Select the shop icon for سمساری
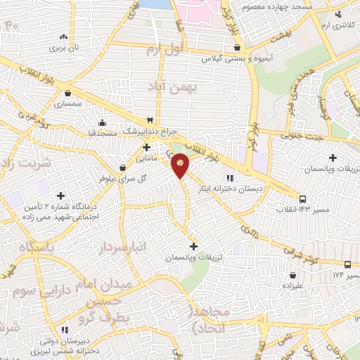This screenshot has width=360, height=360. point(67,92)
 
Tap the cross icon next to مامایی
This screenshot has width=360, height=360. point(146,147)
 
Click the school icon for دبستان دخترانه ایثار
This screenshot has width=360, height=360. point(230,177)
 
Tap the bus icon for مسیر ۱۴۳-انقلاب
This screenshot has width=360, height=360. point(302,200)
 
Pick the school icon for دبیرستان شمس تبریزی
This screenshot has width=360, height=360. point(65,329)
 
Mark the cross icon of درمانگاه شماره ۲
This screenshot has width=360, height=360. point(60,195)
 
